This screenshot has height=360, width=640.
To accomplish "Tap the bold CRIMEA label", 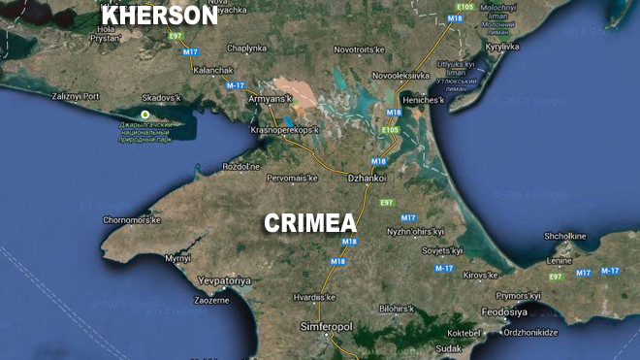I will click(310, 222).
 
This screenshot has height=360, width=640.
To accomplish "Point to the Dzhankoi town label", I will click(368, 178).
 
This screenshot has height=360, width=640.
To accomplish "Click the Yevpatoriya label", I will click(224, 280).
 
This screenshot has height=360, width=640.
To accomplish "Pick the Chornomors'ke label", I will click(131, 220).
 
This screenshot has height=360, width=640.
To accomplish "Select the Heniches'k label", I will click(424, 100).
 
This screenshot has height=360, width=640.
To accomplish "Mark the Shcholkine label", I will click(565, 236).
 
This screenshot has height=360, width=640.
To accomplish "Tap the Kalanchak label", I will click(213, 70).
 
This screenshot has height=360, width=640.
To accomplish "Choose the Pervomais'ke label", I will click(292, 179).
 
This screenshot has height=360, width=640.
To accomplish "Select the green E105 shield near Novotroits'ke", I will click(464, 7).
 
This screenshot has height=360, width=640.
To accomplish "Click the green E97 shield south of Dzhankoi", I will click(386, 202).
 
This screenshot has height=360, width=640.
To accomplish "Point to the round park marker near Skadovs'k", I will click(144, 115).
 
